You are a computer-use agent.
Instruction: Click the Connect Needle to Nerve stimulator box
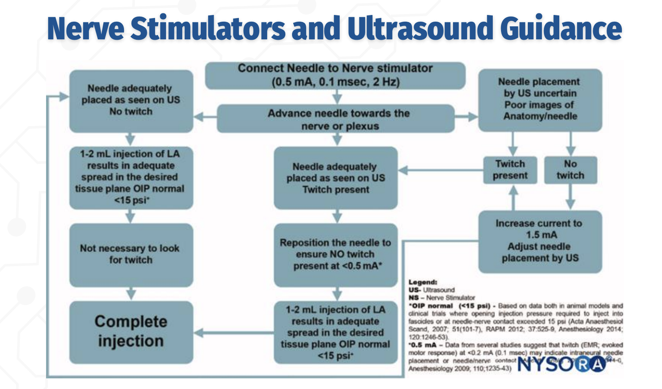335,75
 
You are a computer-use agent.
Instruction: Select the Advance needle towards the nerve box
336,119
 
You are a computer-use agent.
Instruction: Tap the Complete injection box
131,332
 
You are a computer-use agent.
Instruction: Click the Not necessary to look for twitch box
131,254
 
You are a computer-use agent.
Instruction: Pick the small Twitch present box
510,170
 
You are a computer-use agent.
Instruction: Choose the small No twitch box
570,170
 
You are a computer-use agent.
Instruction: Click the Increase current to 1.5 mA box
540,241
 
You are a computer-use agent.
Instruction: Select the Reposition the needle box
336,254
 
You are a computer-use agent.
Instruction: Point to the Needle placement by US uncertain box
540,99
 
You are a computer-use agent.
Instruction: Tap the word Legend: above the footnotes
423,282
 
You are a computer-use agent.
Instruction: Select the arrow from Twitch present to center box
441,170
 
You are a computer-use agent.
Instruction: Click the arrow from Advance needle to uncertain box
466,117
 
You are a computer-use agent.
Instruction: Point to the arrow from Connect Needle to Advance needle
337,97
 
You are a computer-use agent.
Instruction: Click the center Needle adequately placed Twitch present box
336,178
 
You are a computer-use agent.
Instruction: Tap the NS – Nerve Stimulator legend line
442,298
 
